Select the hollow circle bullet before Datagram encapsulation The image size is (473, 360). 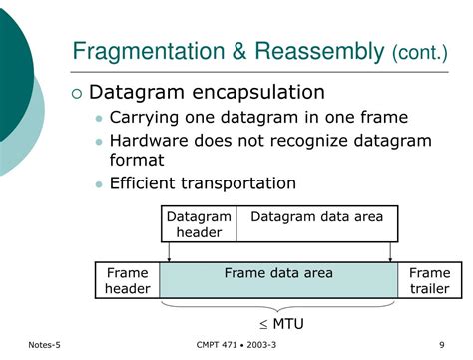tap(77, 94)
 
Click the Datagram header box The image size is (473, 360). tap(199, 224)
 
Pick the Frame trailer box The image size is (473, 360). tap(429, 280)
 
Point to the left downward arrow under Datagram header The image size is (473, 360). tap(169, 253)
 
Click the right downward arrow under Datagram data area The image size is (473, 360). tap(391, 253)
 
